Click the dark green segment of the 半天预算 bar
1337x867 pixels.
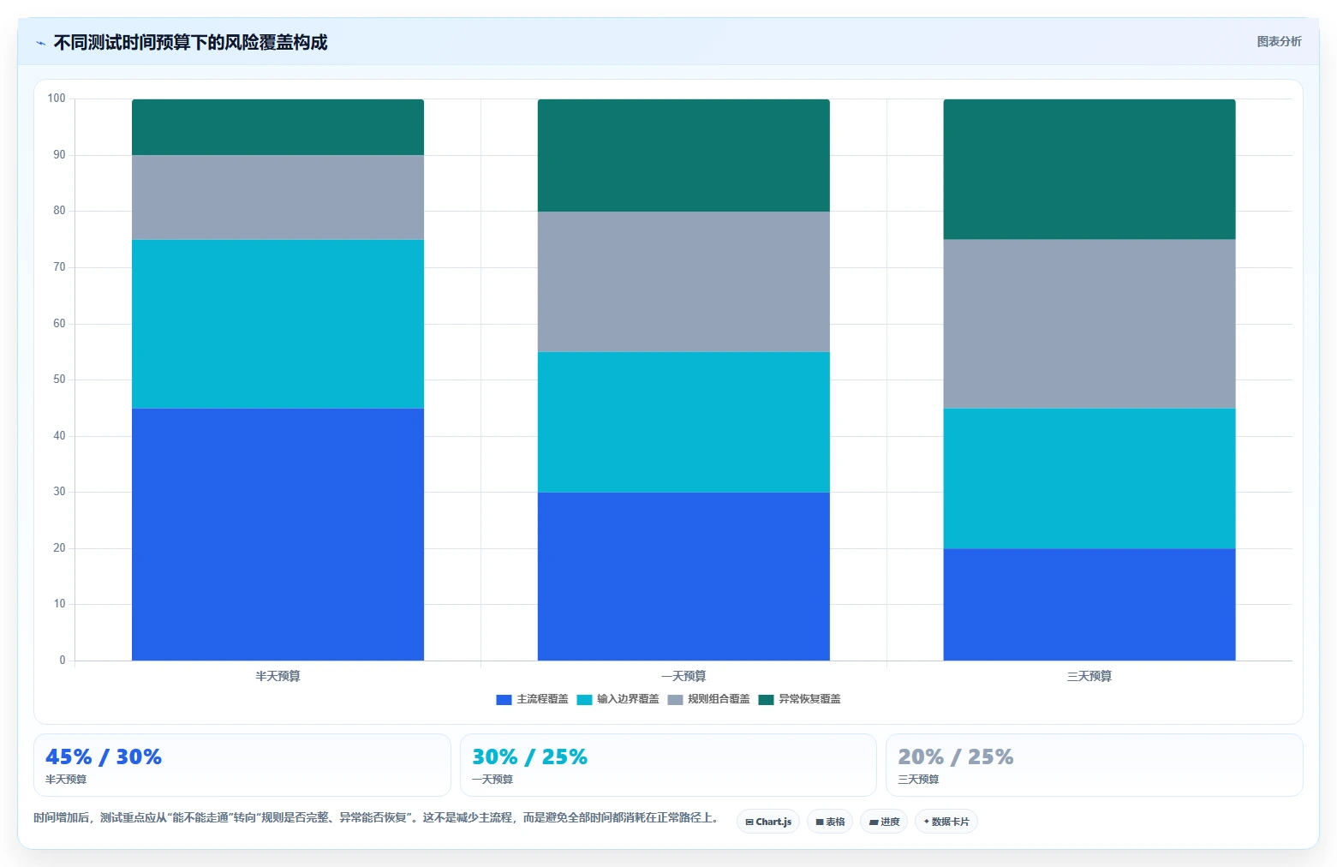pos(278,127)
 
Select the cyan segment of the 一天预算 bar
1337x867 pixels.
pos(683,422)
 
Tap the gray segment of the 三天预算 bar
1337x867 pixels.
pos(1089,324)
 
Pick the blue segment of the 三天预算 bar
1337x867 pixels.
pos(1089,604)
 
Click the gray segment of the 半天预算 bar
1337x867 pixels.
pos(278,197)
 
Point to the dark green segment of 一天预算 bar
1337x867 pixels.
pos(683,155)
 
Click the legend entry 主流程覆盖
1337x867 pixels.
pos(533,699)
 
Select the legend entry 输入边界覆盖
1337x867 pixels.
pos(618,699)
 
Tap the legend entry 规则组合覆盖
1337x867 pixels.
pos(708,699)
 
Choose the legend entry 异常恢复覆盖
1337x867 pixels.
pos(799,699)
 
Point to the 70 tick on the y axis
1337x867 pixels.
pos(59,267)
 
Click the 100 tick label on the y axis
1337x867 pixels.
pos(57,98)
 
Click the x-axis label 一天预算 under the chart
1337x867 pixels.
pos(683,676)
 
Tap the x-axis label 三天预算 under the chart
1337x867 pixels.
pos(1089,676)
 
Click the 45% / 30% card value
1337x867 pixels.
pos(104,756)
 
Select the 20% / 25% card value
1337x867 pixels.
pos(956,756)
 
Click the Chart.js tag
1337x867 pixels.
pos(768,822)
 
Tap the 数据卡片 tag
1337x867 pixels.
pos(946,822)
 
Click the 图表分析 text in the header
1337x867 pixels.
pos(1279,41)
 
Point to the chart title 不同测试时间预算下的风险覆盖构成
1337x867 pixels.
pos(190,42)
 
